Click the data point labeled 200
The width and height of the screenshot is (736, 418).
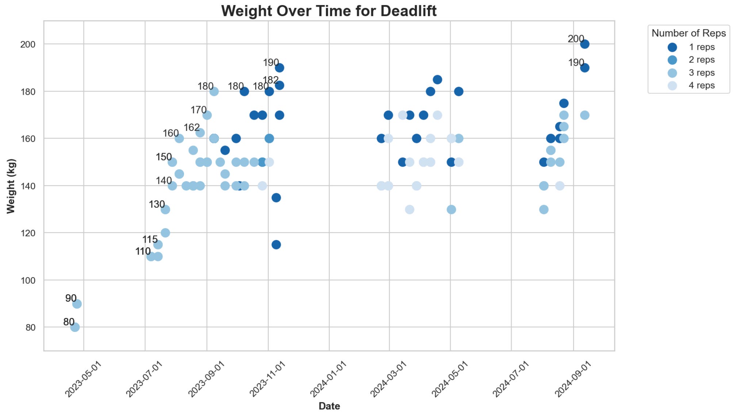[x=584, y=44]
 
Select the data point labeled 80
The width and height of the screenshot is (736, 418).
[x=75, y=327]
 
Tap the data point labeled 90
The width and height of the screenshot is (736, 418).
[x=77, y=304]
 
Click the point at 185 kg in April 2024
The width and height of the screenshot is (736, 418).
[x=437, y=80]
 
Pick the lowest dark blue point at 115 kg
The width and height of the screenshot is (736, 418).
[x=276, y=245]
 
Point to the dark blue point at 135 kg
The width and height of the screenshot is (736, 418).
[x=276, y=198]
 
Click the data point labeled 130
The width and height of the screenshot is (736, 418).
[x=165, y=209]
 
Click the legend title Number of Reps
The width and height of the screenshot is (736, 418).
[x=689, y=33]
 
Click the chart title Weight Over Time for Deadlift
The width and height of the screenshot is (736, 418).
[x=329, y=11]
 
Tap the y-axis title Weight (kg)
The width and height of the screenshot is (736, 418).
[x=11, y=186]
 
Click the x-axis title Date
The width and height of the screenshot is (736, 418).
[x=329, y=406]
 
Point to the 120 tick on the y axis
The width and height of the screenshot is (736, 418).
[x=28, y=233]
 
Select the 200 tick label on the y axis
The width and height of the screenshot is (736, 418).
[x=28, y=44]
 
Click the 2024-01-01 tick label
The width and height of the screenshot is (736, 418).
[x=328, y=379]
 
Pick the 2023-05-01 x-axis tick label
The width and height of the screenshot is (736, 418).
[x=83, y=379]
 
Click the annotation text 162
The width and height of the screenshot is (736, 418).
[x=192, y=127]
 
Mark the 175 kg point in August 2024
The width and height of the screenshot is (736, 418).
[x=564, y=103]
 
